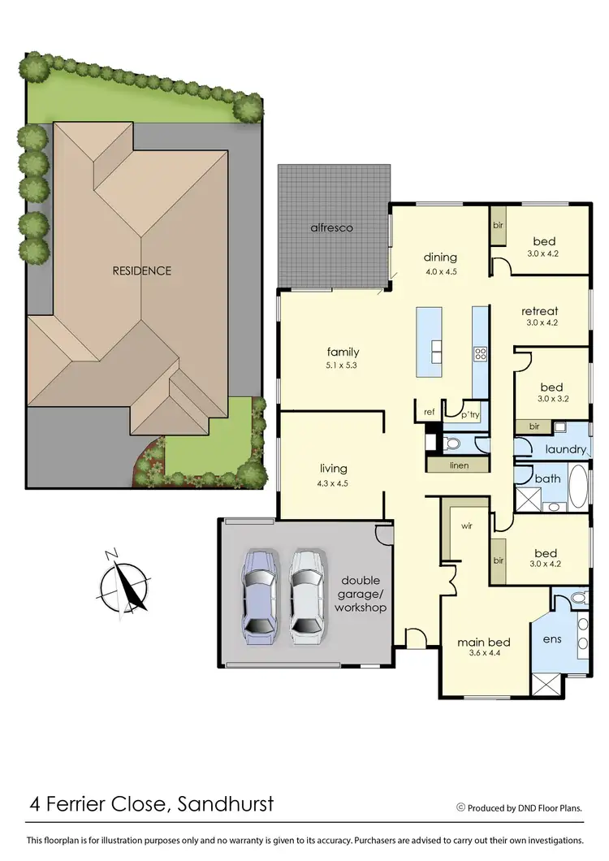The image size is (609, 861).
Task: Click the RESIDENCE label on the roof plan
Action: pos(142,270)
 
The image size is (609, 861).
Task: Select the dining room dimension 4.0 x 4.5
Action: pos(440,272)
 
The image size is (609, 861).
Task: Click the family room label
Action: pos(343,352)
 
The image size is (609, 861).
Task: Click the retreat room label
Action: pos(540,310)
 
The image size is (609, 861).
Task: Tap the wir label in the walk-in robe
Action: pos(466,526)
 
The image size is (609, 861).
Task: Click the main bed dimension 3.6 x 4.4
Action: pos(476,651)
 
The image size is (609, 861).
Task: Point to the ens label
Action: pos(552,638)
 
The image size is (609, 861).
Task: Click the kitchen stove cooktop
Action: pos(480,353)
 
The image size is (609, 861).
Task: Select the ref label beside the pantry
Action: pos(430,413)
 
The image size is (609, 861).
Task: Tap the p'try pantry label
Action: pos(471,414)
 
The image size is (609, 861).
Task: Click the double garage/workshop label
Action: pos(363,593)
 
